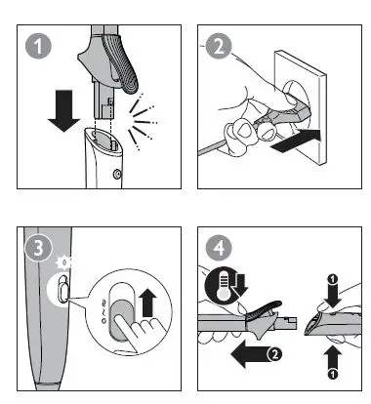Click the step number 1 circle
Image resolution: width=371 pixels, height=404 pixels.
click(x=38, y=46)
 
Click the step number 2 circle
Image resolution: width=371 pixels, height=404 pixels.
click(x=219, y=46)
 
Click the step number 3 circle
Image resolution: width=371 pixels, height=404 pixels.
click(x=38, y=248)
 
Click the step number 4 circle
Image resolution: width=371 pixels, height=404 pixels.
click(x=219, y=248)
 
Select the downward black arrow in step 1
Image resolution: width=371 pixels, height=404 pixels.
click(x=63, y=110)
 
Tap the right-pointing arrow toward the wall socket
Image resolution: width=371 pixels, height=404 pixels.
click(x=296, y=141)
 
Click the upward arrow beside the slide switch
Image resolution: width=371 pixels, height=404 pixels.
click(x=147, y=303)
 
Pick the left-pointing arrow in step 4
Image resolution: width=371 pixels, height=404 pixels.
click(x=251, y=354)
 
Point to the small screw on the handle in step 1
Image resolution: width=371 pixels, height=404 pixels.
click(x=116, y=175)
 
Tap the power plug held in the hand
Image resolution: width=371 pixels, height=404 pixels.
click(x=282, y=114)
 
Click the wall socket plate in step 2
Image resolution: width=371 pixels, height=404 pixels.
click(x=300, y=107)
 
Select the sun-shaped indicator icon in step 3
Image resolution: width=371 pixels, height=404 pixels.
click(x=64, y=263)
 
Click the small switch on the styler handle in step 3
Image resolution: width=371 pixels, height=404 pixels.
click(x=62, y=287)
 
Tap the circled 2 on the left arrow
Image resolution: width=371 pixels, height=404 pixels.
click(x=274, y=354)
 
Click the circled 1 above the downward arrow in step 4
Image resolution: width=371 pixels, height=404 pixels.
click(x=333, y=279)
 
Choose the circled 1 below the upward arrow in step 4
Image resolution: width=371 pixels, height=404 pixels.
click(x=333, y=375)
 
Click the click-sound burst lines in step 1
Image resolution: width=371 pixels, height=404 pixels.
click(x=144, y=122)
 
